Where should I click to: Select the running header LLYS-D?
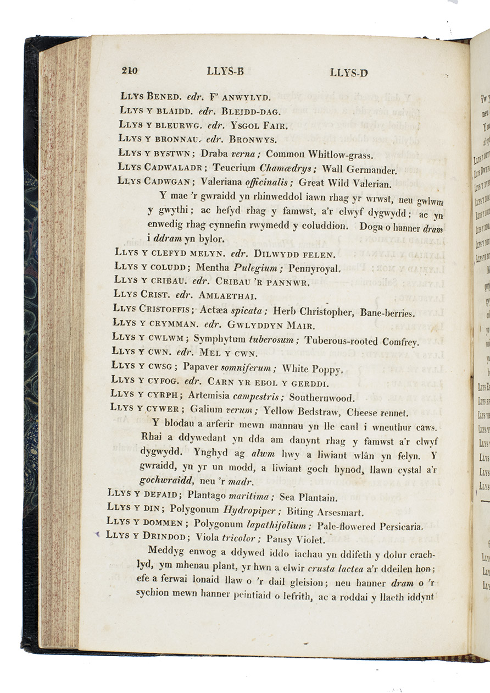point(349,73)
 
